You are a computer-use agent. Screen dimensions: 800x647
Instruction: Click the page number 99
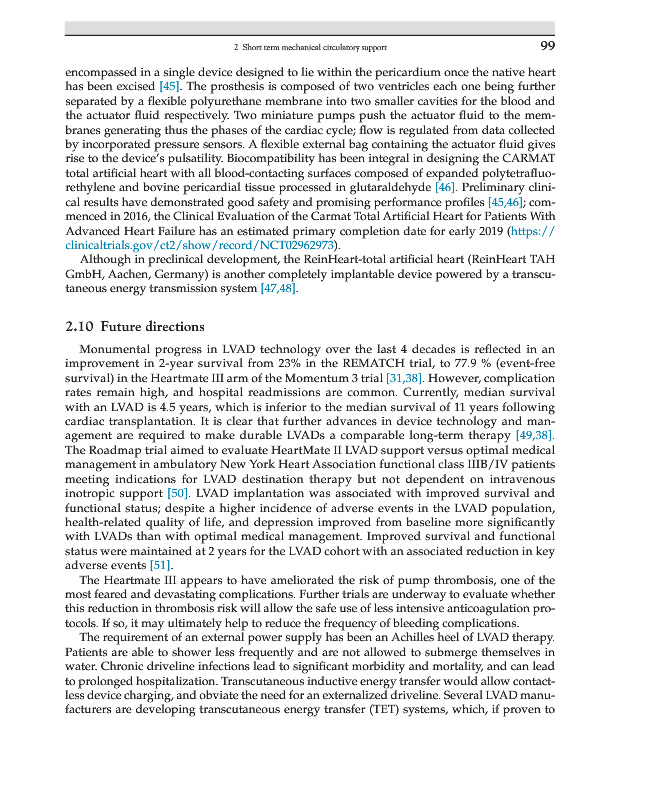(x=547, y=46)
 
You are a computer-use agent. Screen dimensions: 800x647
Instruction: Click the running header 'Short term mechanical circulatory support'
(x=309, y=47)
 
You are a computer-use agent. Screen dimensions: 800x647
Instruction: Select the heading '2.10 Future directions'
(x=134, y=327)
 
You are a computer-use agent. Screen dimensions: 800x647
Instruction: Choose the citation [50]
(x=177, y=493)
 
